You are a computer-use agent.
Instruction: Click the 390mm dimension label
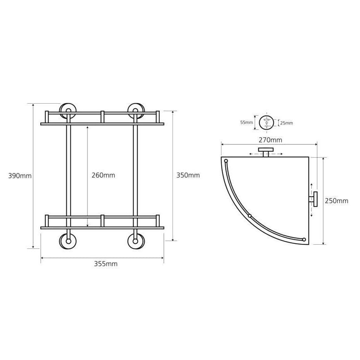pos(20,176)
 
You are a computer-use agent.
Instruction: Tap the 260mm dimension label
pos(103,175)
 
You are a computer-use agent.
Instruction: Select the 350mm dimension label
pos(188,175)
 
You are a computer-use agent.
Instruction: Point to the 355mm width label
pos(106,264)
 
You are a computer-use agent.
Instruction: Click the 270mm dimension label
pos(270,140)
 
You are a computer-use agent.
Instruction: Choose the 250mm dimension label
pos(337,201)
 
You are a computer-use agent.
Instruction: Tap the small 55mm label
pos(247,122)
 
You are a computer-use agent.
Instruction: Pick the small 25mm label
pos(287,123)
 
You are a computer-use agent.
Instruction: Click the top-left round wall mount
pos(68,111)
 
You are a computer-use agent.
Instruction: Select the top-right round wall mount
pos(136,111)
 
